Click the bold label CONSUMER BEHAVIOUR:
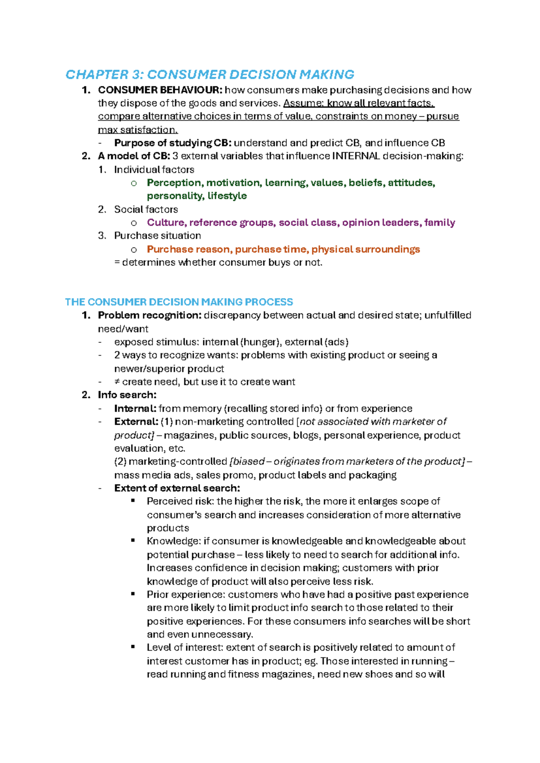(160, 90)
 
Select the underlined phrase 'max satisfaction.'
(138, 130)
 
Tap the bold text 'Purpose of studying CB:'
(173, 143)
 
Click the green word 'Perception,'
(175, 183)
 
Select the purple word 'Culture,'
(166, 223)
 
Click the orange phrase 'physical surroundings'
(365, 249)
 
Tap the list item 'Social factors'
(146, 209)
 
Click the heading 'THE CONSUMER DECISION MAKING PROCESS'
(179, 302)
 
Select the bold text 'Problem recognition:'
(149, 315)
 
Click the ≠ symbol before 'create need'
(117, 382)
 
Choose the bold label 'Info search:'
(127, 395)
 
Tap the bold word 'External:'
(135, 422)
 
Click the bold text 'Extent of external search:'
(177, 488)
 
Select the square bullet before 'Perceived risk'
(133, 500)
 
